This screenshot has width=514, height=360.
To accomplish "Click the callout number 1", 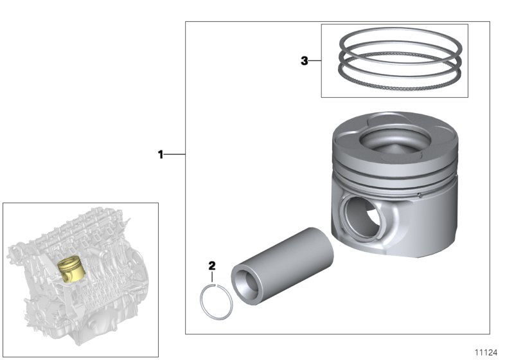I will (161, 154).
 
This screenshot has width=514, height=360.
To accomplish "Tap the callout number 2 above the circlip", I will (212, 265).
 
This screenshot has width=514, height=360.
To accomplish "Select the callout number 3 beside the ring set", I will (305, 61).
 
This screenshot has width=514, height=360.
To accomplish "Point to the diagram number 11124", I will (486, 352).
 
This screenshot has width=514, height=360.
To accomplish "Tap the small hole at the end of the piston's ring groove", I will (418, 192).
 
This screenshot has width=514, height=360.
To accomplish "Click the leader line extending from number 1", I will (175, 154).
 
